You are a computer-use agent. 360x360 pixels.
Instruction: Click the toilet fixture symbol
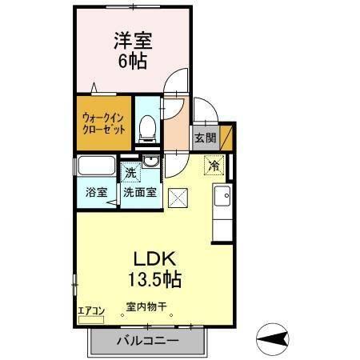[x=146, y=128]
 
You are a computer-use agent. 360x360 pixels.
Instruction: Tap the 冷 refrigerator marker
[x=214, y=166]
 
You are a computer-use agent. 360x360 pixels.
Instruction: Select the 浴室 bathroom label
[x=95, y=192]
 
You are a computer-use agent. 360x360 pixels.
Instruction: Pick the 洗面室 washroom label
[x=140, y=192]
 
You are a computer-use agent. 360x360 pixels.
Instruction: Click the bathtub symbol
[x=97, y=168]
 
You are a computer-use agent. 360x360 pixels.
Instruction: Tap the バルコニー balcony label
[x=145, y=340]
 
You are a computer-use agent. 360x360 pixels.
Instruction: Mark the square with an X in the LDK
[x=178, y=195]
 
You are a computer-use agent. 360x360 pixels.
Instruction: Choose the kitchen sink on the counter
[x=222, y=194]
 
